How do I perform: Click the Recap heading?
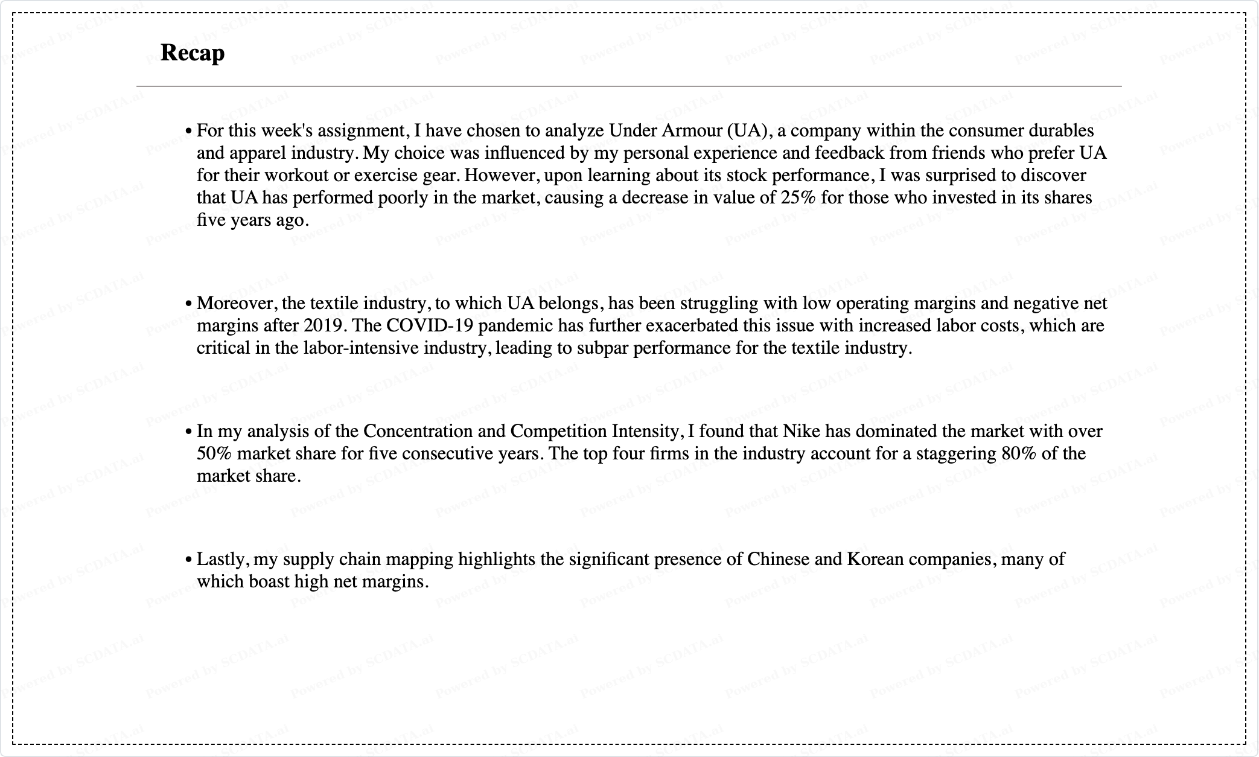tap(193, 53)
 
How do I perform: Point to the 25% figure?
tap(798, 198)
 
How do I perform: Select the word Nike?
tap(801, 432)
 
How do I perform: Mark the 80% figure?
tap(1018, 454)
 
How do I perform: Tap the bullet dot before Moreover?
tap(189, 304)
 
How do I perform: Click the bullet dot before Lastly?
tap(189, 560)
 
